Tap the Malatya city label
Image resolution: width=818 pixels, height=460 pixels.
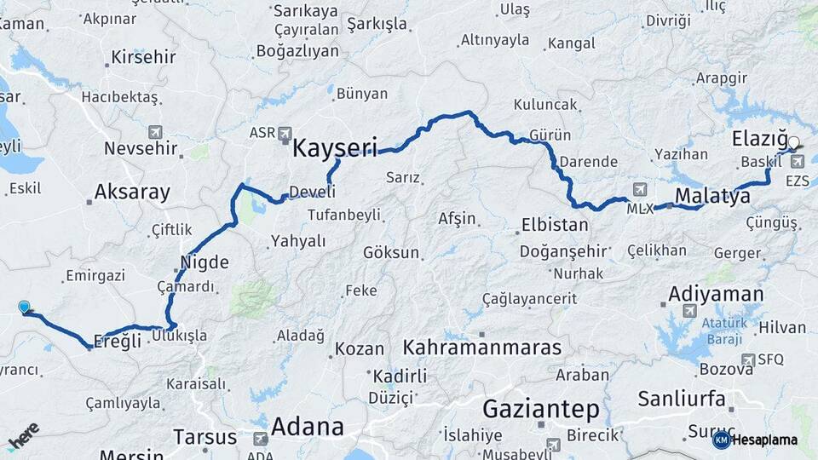point(712,197)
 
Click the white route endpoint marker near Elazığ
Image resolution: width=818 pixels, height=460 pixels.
point(794,143)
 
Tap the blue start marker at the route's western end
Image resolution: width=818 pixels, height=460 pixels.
point(24,308)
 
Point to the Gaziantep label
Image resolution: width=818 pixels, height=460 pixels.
point(541,410)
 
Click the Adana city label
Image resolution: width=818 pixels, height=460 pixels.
point(308,426)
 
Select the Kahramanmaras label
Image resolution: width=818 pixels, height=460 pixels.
point(482,348)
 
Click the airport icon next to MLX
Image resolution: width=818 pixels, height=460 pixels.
point(640,188)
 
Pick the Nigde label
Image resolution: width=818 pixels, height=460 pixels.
point(204,262)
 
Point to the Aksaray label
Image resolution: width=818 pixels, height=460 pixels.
point(132,192)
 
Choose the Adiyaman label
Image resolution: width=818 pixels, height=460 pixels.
point(716,294)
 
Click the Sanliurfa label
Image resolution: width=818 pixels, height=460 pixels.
point(682,399)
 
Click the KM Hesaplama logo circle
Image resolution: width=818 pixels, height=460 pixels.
point(721,440)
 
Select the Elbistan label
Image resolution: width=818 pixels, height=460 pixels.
point(556,226)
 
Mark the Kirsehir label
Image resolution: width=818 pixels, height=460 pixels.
point(143,58)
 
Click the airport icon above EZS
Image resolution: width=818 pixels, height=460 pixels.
point(797,161)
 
